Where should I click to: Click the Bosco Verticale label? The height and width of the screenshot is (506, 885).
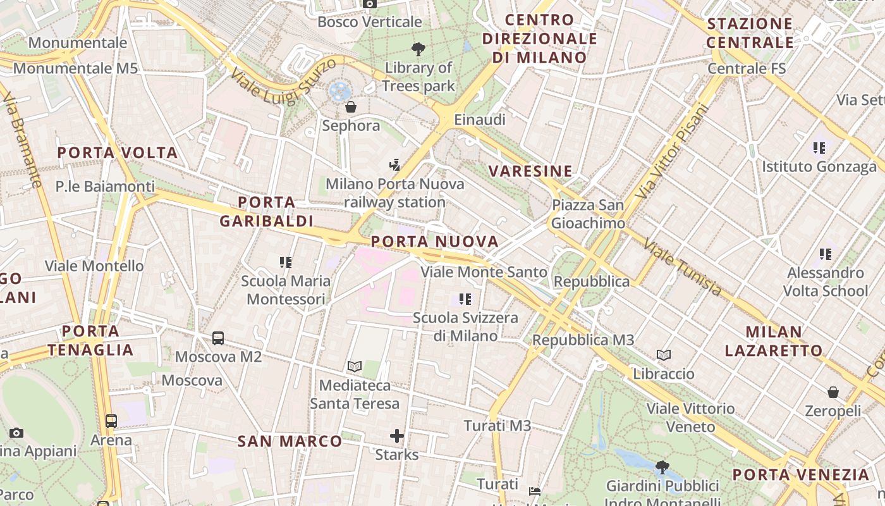click(369, 22)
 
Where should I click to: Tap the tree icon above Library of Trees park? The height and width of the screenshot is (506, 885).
click(418, 49)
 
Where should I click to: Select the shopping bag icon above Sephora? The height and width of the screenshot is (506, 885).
click(351, 106)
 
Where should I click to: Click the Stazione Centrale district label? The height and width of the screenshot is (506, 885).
click(750, 34)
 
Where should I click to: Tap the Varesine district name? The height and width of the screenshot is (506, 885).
click(530, 171)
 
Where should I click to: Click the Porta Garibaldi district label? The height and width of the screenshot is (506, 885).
click(267, 211)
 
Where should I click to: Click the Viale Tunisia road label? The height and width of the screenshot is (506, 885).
click(683, 268)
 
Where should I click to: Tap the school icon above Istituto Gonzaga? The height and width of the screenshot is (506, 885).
click(819, 148)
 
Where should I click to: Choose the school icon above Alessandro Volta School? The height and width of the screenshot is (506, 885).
click(825, 254)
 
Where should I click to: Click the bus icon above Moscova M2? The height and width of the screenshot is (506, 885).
click(218, 338)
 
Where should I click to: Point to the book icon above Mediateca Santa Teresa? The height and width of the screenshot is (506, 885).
click(355, 366)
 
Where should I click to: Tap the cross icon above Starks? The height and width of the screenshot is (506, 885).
click(397, 436)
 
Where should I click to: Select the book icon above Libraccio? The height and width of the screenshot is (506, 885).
click(664, 355)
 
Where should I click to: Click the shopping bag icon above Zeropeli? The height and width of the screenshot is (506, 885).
click(833, 392)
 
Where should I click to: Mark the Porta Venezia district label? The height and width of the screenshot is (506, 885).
click(801, 474)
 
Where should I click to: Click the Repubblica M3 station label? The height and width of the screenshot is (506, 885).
click(583, 340)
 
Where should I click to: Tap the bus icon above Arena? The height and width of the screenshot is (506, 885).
click(111, 421)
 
